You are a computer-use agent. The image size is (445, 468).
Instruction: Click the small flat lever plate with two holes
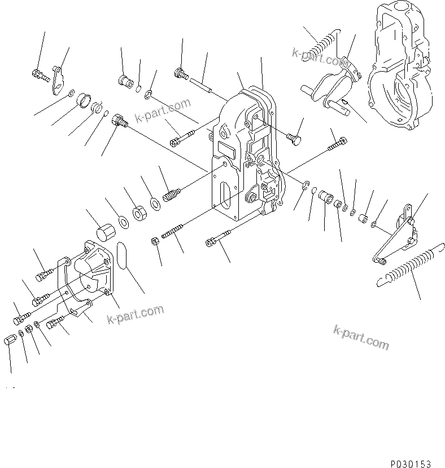pos(57,79)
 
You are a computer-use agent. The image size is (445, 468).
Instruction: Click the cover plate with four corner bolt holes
pos(89,271)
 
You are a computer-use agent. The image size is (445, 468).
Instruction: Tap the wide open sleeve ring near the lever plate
pos(83,98)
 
